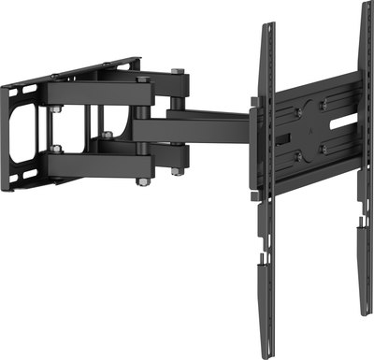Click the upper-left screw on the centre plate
pyautogui.click(x=296, y=112)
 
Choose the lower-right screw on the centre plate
pyautogui.click(x=324, y=147)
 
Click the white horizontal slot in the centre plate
pyautogui.click(x=343, y=121)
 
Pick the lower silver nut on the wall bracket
pyautogui.click(x=57, y=148)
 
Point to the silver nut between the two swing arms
pyautogui.click(x=107, y=136)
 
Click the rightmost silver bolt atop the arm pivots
pyautogui.click(x=177, y=73)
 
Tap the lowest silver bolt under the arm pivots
pyautogui.click(x=143, y=180)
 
